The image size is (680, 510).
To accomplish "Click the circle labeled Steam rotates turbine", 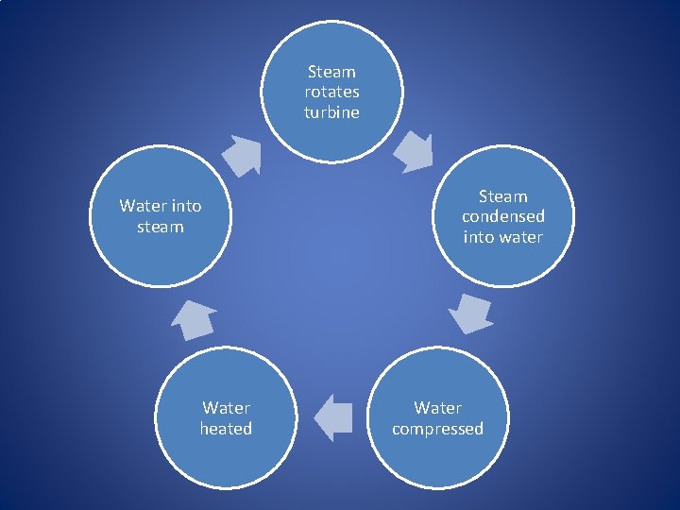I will point(331,92).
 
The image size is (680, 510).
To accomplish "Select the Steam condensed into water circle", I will point(502,216).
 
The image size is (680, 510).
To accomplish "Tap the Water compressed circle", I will point(437,418).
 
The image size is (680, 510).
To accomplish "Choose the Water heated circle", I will point(226,418).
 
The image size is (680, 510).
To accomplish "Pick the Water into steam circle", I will point(161,216).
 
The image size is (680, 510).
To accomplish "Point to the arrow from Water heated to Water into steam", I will point(194,319).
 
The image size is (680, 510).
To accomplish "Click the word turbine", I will point(331,112).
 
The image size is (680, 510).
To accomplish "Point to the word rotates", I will point(331,92).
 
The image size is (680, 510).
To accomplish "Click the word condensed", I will point(502,216).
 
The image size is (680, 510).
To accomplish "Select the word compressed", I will point(437,429).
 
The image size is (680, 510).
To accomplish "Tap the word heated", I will point(226,429).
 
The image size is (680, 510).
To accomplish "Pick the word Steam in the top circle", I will point(331,72).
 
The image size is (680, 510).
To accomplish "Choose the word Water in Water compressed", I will point(437,408).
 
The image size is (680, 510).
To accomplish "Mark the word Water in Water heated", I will point(226,408).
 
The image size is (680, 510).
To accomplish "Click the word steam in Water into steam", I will point(161,227).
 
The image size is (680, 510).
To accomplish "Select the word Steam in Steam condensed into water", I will point(502,196).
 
